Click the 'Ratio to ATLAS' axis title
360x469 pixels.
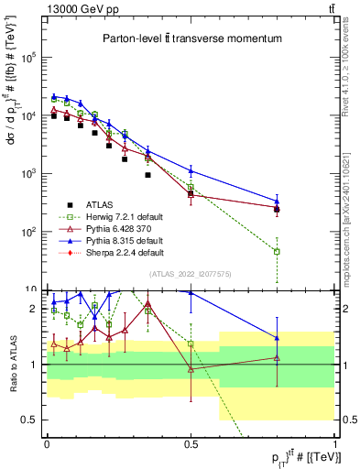point(12,365)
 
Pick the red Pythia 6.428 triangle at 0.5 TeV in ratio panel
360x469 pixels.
point(191,369)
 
